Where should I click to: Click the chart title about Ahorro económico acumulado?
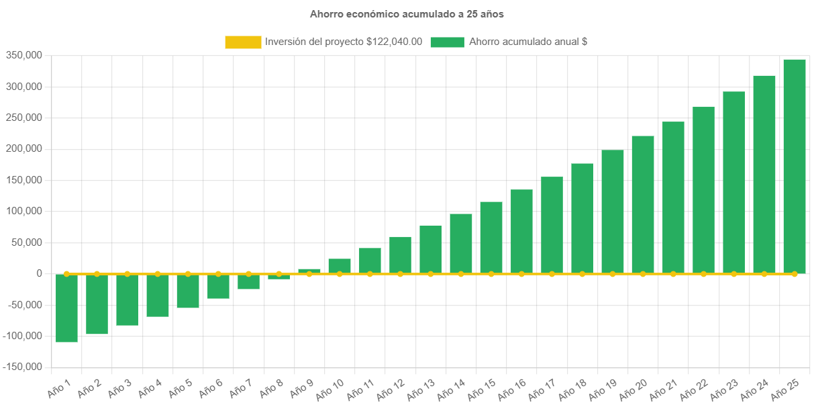pos(407,14)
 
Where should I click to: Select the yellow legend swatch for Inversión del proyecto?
pos(243,42)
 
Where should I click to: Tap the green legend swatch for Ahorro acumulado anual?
pos(447,42)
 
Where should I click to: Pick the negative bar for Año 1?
pos(66,308)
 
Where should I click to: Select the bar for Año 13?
pos(431,249)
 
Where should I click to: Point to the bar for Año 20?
pos(643,204)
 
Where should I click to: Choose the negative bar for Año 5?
pos(188,291)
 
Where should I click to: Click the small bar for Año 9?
pos(309,271)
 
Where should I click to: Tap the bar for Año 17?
pos(552,225)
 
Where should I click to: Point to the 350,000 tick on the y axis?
pos(24,55)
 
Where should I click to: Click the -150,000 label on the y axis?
pos(22,367)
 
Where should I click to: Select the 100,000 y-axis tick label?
pos(24,211)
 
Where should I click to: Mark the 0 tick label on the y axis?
pos(40,273)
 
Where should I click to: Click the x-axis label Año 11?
pos(360,388)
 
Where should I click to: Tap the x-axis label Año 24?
pos(754,388)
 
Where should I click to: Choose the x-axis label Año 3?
pos(120,386)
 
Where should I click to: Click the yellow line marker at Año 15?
pos(491,274)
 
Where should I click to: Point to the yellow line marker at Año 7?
pos(249,274)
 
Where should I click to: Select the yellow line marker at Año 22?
pos(703,274)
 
